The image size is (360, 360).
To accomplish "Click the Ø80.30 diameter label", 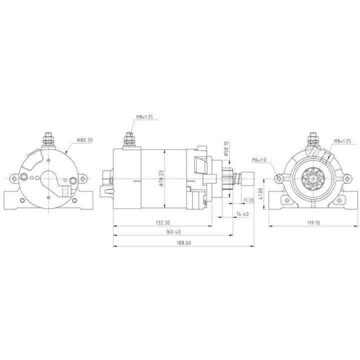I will (85, 140).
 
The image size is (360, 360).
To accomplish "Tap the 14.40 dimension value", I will (242, 213).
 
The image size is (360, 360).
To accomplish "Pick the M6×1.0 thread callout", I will (259, 160).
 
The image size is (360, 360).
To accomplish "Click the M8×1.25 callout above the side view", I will (144, 117).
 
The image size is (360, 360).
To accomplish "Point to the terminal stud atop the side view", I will (129, 138).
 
